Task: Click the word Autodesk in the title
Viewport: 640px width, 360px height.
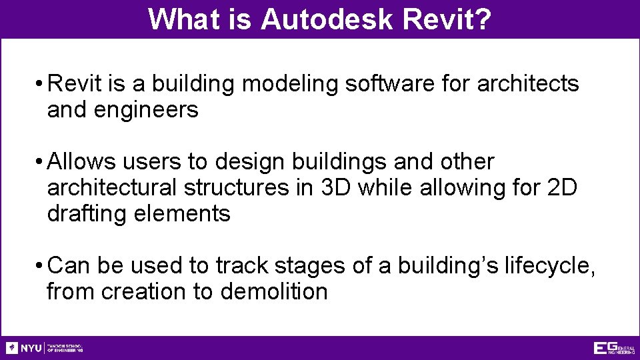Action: click(327, 19)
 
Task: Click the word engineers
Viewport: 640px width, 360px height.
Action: click(147, 110)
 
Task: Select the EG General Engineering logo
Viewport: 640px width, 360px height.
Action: click(614, 348)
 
